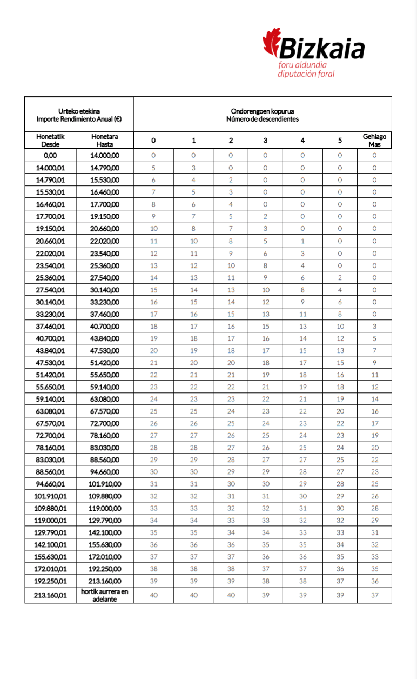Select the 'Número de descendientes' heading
point(263,119)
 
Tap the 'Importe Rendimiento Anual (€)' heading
point(79,119)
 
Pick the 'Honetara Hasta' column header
point(105,141)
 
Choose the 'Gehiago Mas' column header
point(374,141)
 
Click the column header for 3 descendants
point(265,141)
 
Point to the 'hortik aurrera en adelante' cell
point(105,595)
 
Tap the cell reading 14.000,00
point(105,156)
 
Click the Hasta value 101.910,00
point(105,484)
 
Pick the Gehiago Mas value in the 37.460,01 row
point(374,327)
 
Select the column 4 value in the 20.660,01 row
point(302,241)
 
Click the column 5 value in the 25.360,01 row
point(340,278)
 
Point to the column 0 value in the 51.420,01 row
point(153,375)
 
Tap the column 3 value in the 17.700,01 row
point(265,217)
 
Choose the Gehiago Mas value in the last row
point(374,595)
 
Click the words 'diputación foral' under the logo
point(306,74)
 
